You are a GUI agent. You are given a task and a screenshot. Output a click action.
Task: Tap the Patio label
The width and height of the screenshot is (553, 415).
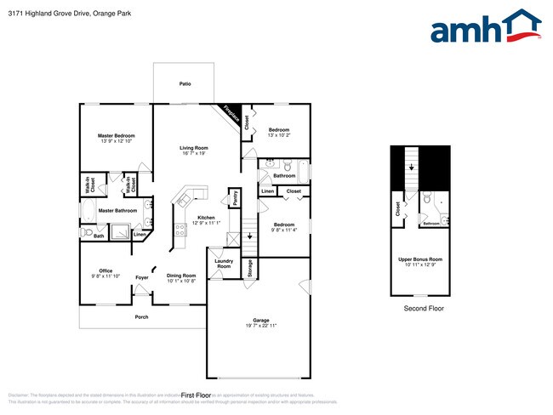(185, 84)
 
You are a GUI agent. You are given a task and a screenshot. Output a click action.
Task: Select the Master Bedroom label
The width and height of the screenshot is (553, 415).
(116, 135)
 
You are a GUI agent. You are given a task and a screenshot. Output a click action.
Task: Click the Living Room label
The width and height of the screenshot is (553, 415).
(193, 148)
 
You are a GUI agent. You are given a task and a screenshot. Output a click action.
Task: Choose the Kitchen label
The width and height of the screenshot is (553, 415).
(207, 218)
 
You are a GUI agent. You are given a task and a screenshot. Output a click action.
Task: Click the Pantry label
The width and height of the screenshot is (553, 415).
(234, 198)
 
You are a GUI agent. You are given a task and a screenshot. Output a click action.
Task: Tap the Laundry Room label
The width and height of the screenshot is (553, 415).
(223, 264)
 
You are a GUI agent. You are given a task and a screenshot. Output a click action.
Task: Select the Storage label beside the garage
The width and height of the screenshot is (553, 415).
(249, 268)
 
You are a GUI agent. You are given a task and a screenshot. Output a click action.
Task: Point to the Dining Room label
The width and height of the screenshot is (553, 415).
(180, 275)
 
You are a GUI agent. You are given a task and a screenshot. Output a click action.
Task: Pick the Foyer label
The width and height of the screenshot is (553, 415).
(142, 277)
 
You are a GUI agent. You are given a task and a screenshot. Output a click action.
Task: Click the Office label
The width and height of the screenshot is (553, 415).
(105, 270)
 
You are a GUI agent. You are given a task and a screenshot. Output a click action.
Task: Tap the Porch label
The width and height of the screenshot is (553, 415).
(141, 316)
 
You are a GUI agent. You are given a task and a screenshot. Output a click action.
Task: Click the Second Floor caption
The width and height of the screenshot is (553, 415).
(423, 309)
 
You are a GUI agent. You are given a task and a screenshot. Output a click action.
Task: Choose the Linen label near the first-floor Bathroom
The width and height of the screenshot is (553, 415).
(268, 191)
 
